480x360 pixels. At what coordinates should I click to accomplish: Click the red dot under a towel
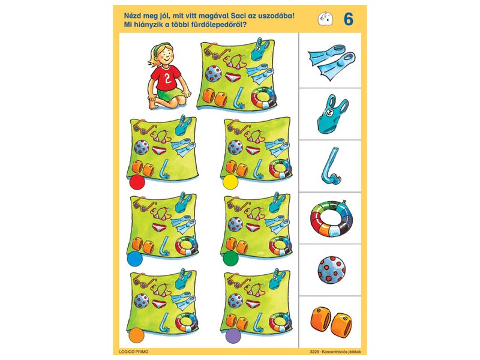point(137,182)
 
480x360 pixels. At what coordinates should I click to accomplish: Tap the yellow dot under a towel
point(230,182)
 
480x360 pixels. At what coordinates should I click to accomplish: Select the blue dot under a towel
point(134,259)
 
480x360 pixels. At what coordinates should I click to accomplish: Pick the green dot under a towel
point(230,259)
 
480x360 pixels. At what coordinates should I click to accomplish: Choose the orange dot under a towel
point(136,335)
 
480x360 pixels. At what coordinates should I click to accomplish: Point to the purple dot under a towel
point(233,335)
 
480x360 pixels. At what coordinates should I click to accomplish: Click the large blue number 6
point(349,19)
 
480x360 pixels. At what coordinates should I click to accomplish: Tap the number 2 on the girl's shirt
point(167,78)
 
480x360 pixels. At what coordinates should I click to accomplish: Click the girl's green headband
point(161,48)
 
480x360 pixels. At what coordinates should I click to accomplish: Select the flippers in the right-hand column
point(331,61)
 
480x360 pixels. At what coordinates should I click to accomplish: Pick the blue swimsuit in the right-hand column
point(331,114)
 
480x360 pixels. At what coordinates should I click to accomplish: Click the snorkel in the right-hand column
point(331,167)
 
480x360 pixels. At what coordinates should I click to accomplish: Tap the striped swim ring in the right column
point(331,218)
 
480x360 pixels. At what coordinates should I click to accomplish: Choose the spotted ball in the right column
point(332,270)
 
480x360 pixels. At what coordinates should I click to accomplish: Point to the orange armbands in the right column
point(331,323)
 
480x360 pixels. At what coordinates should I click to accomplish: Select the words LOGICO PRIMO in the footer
point(133,352)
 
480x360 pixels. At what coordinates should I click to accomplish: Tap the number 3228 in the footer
point(314,352)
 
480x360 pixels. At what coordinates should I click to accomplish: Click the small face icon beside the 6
point(325,19)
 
